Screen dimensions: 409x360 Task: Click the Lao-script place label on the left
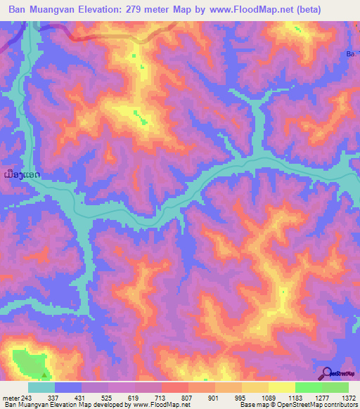21,174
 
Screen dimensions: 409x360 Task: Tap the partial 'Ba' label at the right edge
351,53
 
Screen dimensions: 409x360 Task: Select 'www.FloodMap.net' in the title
272,10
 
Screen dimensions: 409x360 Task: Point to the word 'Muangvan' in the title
58,10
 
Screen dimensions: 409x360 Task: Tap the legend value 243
28,397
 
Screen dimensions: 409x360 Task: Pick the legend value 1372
347,397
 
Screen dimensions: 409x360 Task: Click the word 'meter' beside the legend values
10,397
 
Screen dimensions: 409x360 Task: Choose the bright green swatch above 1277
308,387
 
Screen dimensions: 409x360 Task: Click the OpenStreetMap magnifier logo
327,374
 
